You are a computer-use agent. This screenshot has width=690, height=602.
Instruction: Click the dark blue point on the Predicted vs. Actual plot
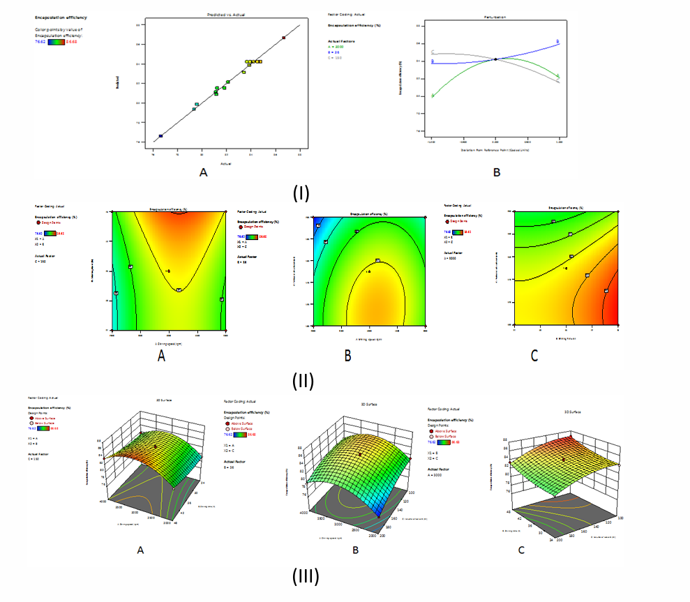(x=160, y=136)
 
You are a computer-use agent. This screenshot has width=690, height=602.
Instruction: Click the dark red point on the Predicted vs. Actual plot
(x=283, y=38)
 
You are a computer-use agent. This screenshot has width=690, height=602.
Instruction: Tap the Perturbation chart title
(x=494, y=15)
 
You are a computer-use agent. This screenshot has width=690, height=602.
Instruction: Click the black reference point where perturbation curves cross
(x=495, y=59)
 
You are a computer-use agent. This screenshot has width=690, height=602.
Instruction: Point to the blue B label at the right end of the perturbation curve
(x=558, y=43)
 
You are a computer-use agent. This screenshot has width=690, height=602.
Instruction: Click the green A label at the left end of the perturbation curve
(x=433, y=96)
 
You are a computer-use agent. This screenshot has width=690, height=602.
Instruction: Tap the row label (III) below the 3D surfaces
(x=306, y=577)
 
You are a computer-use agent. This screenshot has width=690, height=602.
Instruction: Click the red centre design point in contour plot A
(x=168, y=271)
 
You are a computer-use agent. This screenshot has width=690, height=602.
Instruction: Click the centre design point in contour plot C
(x=566, y=268)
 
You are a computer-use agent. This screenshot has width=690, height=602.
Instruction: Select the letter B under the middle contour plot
(x=347, y=356)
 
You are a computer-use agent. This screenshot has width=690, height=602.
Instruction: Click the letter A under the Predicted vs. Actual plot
(x=203, y=172)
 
